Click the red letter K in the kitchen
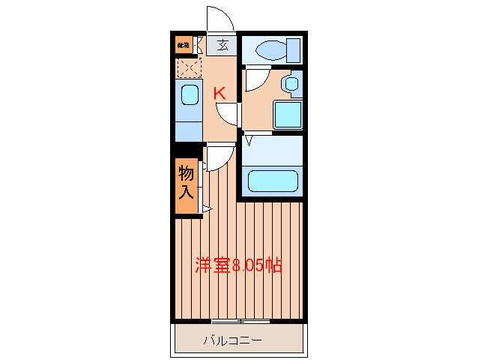[220, 94]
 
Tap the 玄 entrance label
[223, 45]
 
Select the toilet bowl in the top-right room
[268, 50]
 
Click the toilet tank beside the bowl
[292, 49]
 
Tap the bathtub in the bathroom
[273, 181]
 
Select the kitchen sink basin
[188, 96]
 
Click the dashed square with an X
[188, 68]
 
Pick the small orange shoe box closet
[184, 45]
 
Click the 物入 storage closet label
[187, 182]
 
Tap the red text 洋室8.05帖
[238, 265]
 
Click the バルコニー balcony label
[233, 341]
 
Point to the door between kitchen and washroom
[227, 113]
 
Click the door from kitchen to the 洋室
[218, 156]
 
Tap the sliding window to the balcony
[240, 322]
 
